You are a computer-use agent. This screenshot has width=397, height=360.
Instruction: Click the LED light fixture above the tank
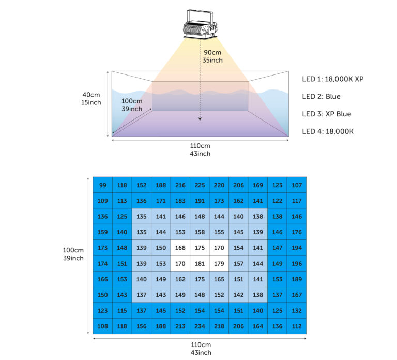pyautogui.click(x=200, y=24)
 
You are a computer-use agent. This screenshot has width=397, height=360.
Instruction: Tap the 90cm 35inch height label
pyautogui.click(x=212, y=56)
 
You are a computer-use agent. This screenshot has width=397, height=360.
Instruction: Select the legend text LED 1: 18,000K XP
pyautogui.click(x=333, y=79)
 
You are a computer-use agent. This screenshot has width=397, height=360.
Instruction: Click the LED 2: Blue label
pyautogui.click(x=321, y=97)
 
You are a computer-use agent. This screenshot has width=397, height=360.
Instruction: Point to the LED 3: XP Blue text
pyautogui.click(x=326, y=114)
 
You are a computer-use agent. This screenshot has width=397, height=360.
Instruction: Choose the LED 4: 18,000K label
pyautogui.click(x=328, y=131)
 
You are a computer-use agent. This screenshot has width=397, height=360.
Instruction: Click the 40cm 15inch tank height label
pyautogui.click(x=91, y=99)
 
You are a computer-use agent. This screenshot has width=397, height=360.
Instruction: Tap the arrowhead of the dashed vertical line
pyautogui.click(x=200, y=119)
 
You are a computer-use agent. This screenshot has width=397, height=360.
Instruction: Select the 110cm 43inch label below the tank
pyautogui.click(x=200, y=149)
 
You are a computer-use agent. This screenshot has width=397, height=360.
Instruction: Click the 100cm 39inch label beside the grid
pyautogui.click(x=73, y=254)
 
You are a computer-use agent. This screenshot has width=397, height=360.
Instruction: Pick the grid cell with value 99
pyautogui.click(x=103, y=185)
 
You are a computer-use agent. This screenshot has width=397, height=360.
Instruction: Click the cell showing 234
pyautogui.click(x=200, y=326)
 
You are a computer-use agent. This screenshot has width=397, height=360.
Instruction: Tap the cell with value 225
pyautogui.click(x=200, y=185)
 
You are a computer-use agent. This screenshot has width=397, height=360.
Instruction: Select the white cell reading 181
pyautogui.click(x=200, y=263)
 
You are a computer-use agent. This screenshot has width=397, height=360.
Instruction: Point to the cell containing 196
pyautogui.click(x=297, y=263)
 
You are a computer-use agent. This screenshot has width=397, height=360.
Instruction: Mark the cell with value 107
pyautogui.click(x=297, y=185)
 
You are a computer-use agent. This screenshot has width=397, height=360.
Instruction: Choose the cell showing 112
pyautogui.click(x=297, y=326)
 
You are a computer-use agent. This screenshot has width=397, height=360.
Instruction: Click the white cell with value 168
pyautogui.click(x=180, y=248)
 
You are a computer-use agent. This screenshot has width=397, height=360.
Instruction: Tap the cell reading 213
pyautogui.click(x=180, y=326)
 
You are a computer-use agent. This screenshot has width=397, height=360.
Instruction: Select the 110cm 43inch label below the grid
pyautogui.click(x=201, y=349)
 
